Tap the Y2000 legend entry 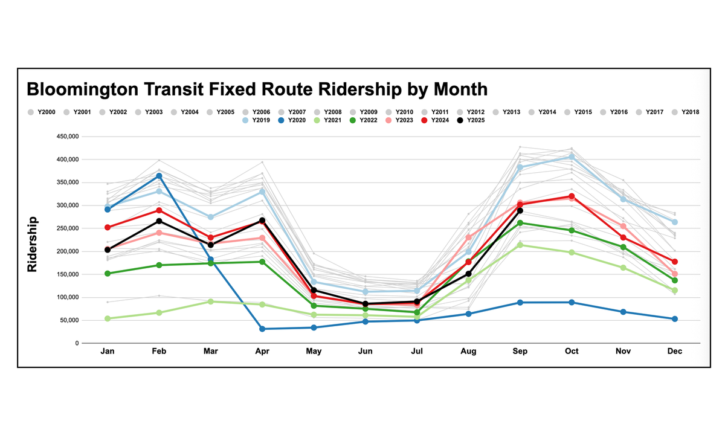pyautogui.click(x=41, y=112)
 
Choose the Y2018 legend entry pyautogui.click(x=685, y=112)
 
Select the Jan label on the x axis pyautogui.click(x=108, y=351)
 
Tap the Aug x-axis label pyautogui.click(x=468, y=351)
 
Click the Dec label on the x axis pyautogui.click(x=674, y=351)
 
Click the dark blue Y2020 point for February pyautogui.click(x=159, y=176)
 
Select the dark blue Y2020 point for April pyautogui.click(x=262, y=329)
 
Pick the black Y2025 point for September pyautogui.click(x=520, y=210)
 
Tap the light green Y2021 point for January pyautogui.click(x=108, y=318)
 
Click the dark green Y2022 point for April pyautogui.click(x=262, y=262)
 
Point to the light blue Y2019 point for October pyautogui.click(x=572, y=156)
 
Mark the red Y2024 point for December pyautogui.click(x=674, y=262)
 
